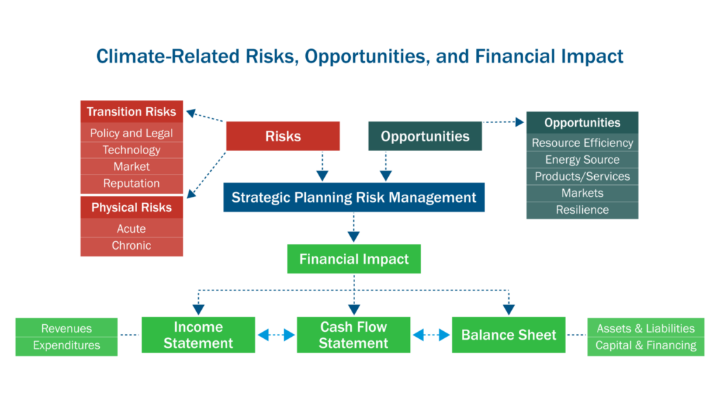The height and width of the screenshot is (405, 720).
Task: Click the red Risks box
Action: click(x=283, y=136)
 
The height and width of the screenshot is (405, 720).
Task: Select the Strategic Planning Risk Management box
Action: click(x=354, y=198)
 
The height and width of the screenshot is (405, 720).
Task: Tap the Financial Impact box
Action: click(x=354, y=259)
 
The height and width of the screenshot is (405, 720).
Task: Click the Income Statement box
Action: click(x=198, y=335)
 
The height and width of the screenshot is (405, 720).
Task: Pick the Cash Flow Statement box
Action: click(x=354, y=335)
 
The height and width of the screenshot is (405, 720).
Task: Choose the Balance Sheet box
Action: click(x=508, y=335)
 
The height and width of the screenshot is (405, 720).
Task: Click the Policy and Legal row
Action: click(x=131, y=133)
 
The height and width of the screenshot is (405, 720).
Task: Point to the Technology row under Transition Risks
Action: click(x=131, y=150)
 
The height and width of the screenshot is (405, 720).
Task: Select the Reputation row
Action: click(x=131, y=184)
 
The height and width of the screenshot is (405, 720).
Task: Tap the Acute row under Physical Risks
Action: click(x=131, y=229)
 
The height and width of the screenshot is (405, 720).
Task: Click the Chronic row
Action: click(x=131, y=245)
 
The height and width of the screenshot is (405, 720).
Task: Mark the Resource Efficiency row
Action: click(x=582, y=143)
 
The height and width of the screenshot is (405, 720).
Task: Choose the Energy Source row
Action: click(x=582, y=160)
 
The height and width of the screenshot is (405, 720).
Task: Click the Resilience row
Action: click(x=582, y=210)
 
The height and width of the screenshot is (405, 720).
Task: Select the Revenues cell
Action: click(x=67, y=328)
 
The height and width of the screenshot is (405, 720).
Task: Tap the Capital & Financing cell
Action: click(x=646, y=345)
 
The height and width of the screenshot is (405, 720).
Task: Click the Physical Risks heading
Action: click(x=131, y=207)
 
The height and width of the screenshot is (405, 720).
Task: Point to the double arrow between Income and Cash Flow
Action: click(x=276, y=335)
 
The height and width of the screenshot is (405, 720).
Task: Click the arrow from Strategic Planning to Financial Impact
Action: click(x=354, y=228)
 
